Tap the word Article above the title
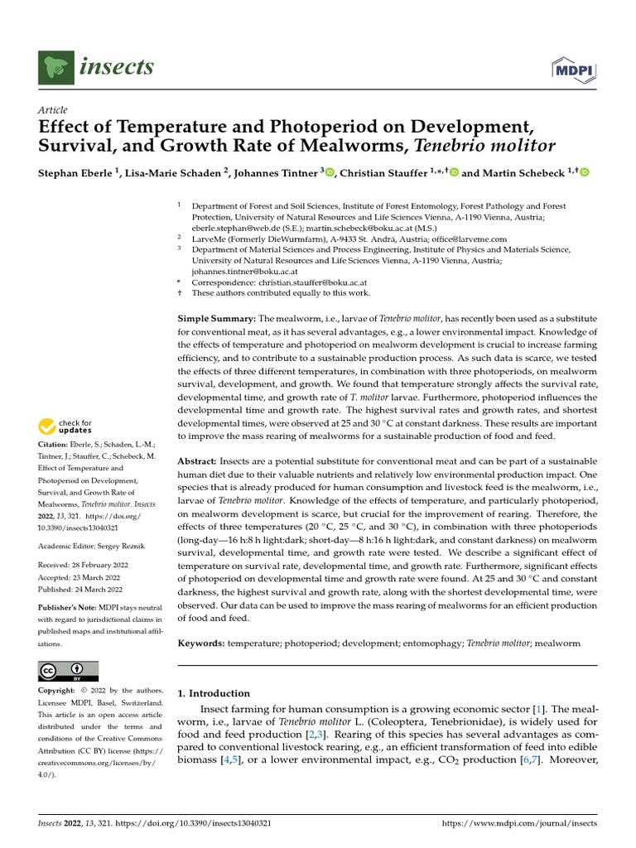pos(53,110)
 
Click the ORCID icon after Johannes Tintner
pos(330,172)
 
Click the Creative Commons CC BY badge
pos(69,671)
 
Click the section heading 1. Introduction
pos(214,693)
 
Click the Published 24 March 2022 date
pos(80,590)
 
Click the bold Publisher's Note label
pos(67,607)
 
